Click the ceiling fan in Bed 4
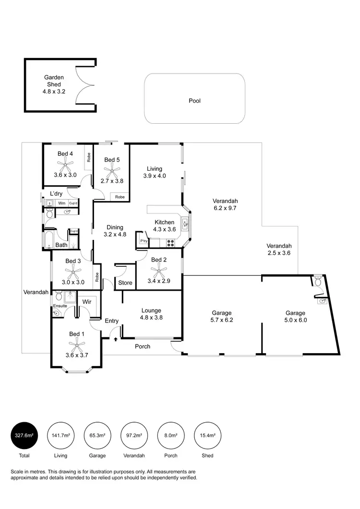(65, 165)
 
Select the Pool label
(194, 101)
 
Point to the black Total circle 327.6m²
(24, 435)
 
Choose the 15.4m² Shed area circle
(207, 435)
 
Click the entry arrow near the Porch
(117, 339)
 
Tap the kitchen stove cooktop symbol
(170, 243)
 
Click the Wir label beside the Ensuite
(87, 302)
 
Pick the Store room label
(125, 283)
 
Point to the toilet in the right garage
(317, 282)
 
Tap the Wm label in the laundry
(61, 203)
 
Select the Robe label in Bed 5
(120, 197)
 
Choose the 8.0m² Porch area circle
(171, 435)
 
